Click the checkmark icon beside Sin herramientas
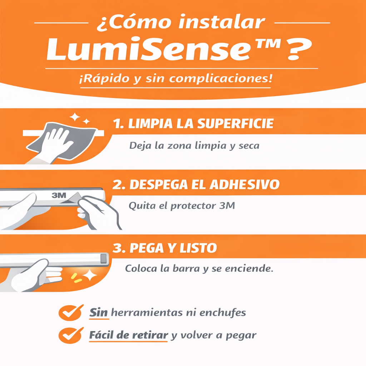[x=70, y=313]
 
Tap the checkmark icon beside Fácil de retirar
[x=70, y=335]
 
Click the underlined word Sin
[x=99, y=313]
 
